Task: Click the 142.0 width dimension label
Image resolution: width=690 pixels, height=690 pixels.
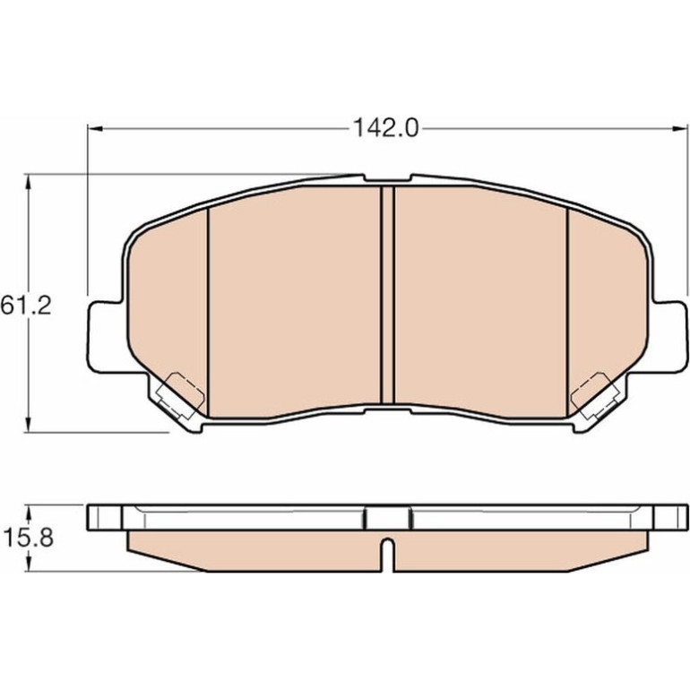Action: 385,128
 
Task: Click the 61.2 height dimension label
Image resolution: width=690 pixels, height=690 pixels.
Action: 26,305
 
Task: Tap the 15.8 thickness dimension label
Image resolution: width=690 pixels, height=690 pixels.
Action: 28,538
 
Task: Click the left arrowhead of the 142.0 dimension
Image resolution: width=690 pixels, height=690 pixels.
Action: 96,128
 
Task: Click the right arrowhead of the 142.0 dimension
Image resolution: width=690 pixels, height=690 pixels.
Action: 680,128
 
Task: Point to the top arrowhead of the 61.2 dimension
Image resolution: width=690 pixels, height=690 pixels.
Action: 29,181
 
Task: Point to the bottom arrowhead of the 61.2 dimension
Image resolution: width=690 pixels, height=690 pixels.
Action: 29,425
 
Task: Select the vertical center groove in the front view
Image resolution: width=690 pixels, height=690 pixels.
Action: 387,295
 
